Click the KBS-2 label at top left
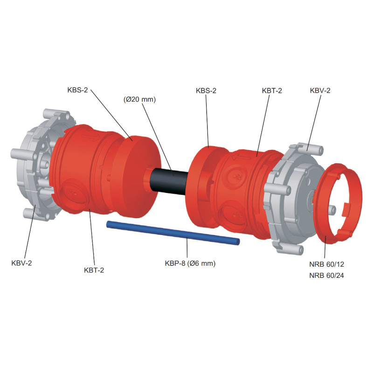point(77,90)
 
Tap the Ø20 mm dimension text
point(139,99)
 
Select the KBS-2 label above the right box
point(206,90)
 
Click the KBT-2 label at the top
point(272,90)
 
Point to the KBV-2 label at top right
point(320,90)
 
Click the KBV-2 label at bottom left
point(21,263)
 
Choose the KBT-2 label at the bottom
point(94,270)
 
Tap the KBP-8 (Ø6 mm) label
point(190,263)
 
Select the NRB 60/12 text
point(327,264)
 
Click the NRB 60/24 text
point(327,276)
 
